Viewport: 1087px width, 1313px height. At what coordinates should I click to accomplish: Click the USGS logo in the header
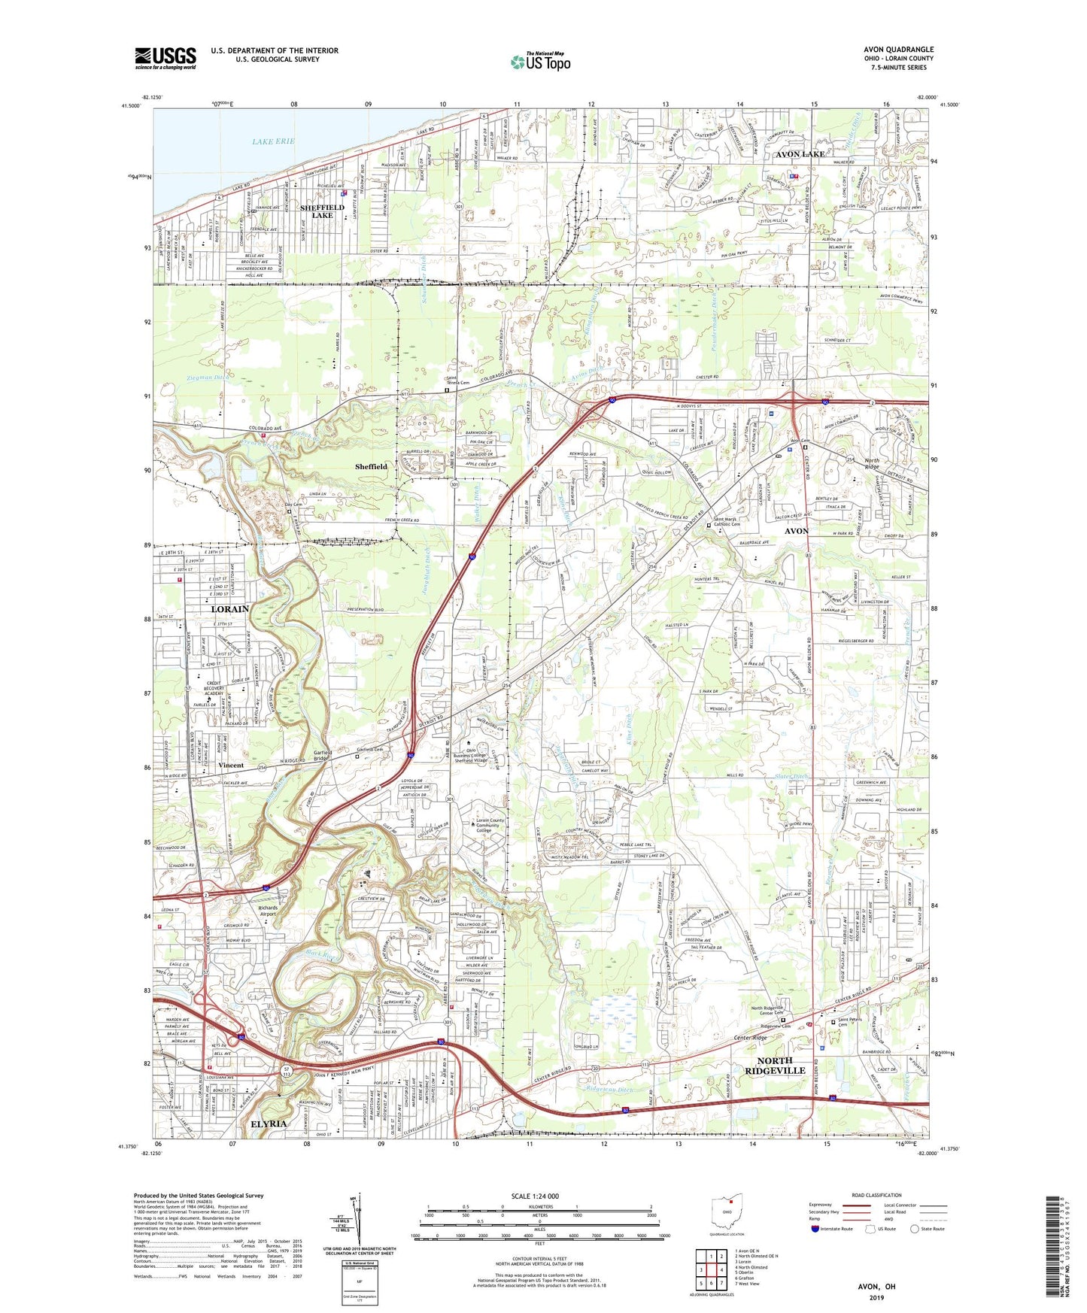click(x=165, y=58)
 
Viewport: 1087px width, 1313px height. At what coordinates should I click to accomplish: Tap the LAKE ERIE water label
click(x=273, y=141)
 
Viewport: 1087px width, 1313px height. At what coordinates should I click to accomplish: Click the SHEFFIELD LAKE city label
click(x=322, y=211)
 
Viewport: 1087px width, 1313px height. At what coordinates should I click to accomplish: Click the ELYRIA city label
click(x=268, y=1123)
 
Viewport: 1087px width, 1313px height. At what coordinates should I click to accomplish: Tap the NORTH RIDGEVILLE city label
click(x=776, y=1066)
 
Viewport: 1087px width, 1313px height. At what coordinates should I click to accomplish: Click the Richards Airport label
click(x=268, y=911)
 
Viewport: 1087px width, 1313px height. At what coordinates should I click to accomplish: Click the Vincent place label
click(x=231, y=765)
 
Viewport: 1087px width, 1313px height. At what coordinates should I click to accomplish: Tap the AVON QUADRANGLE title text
click(x=898, y=50)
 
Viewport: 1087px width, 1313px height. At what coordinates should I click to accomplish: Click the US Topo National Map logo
click(x=540, y=62)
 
